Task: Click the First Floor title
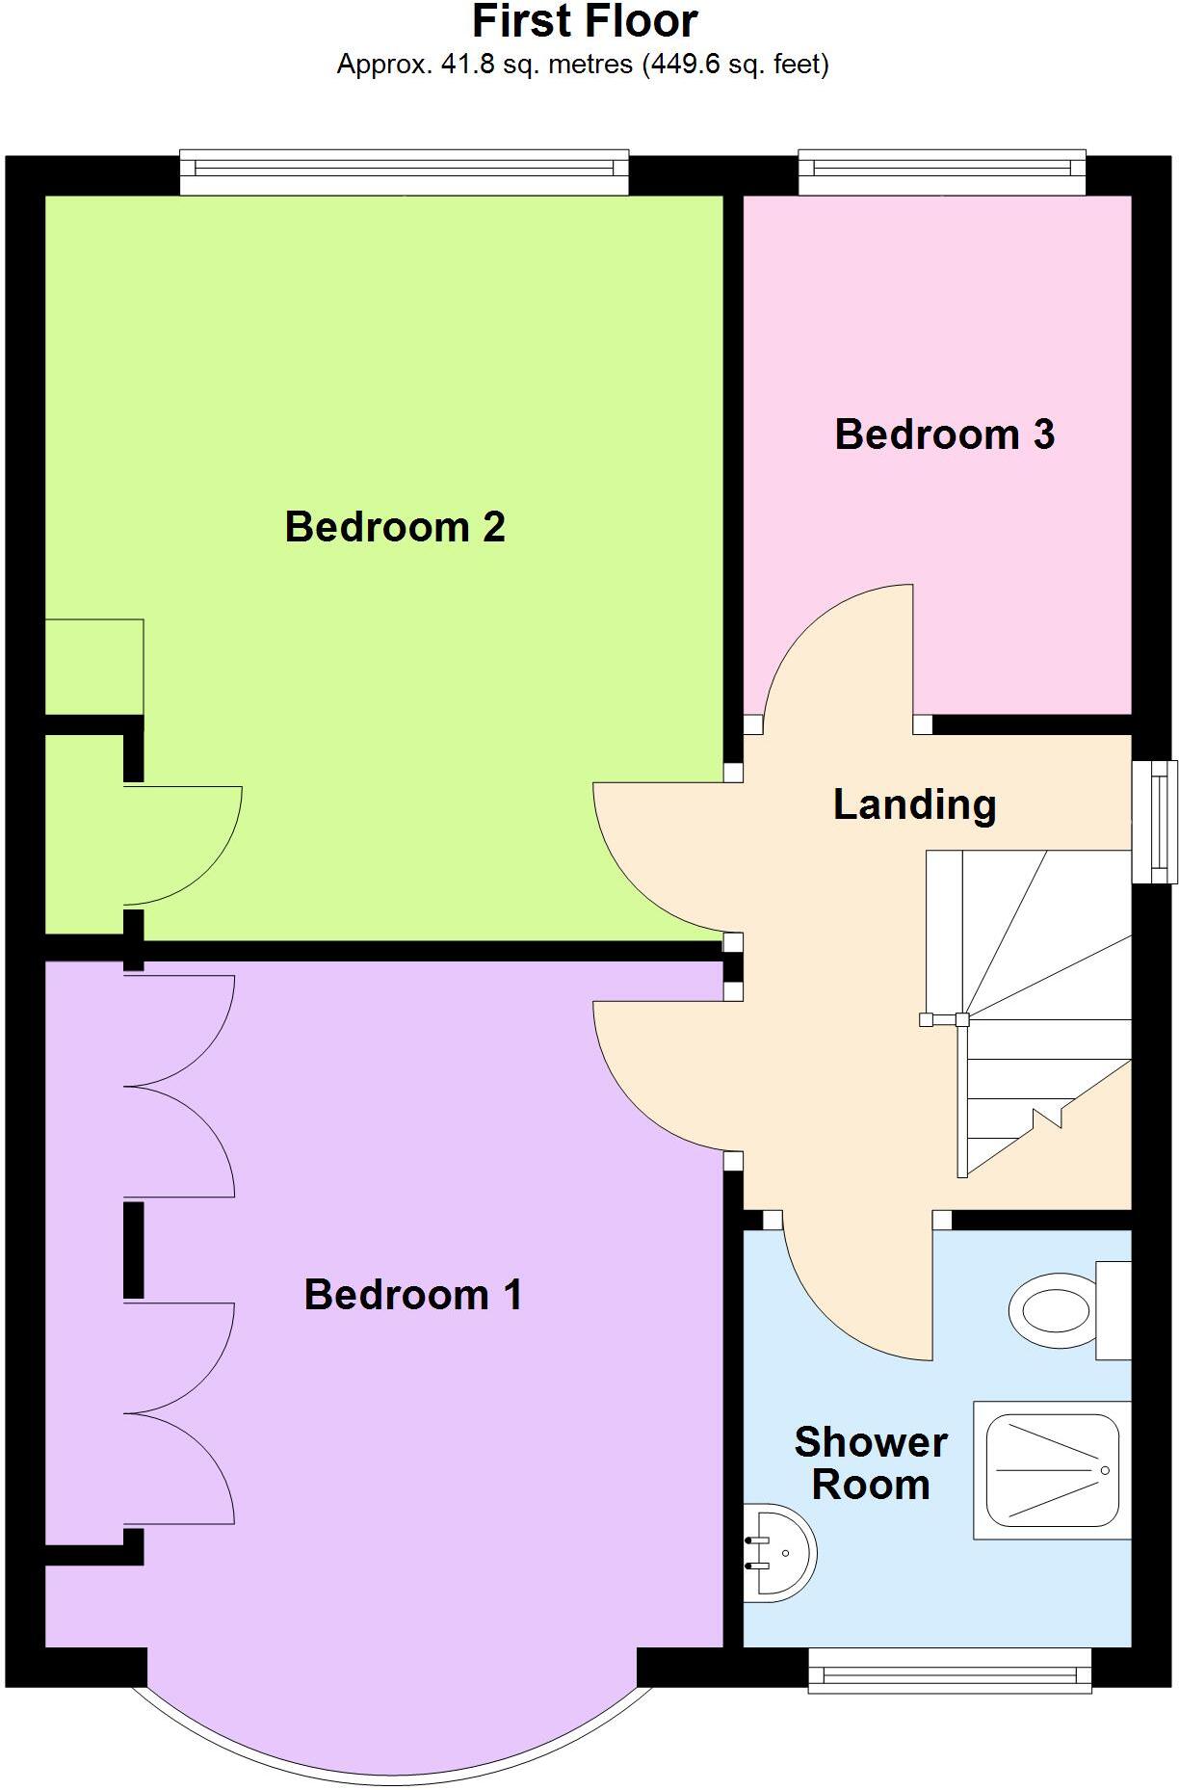585,21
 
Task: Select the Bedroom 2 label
395,527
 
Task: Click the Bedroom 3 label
944,434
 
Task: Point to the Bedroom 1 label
412,1295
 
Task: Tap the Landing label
914,804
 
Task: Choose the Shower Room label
871,1463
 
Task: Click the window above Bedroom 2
405,171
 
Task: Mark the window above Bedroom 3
942,171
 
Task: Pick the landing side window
1154,822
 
